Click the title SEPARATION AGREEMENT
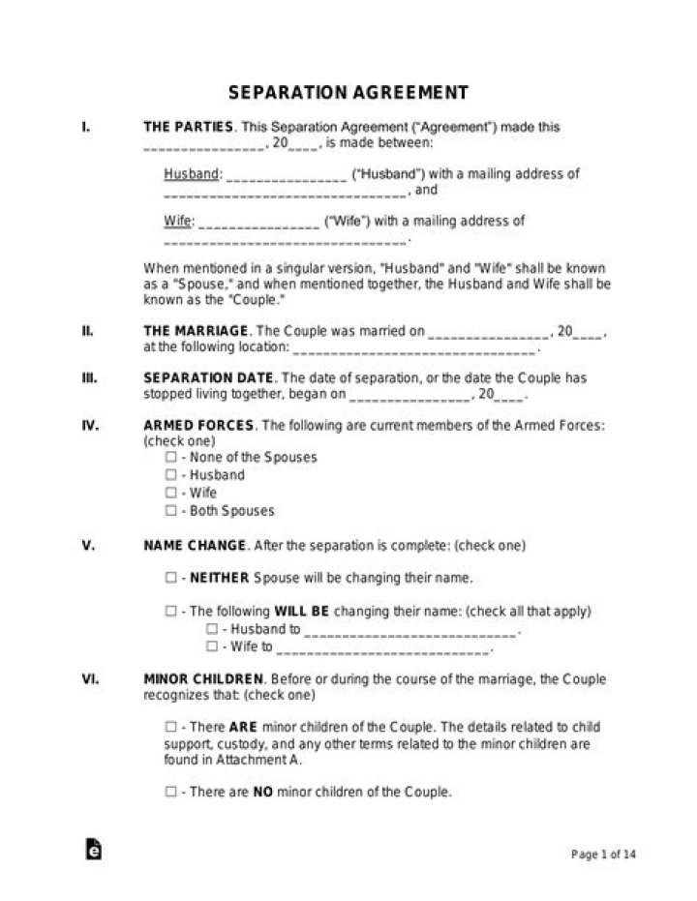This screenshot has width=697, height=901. coord(348,93)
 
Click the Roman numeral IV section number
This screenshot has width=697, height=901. coord(89,425)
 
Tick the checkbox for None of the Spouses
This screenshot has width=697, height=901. coord(170,457)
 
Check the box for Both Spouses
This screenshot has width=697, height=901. coord(170,510)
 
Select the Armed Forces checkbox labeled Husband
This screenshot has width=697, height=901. coord(170,475)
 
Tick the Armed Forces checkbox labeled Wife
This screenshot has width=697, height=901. coord(170,493)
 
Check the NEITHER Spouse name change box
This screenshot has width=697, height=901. coord(170,578)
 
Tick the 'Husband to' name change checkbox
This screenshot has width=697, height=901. coord(211,629)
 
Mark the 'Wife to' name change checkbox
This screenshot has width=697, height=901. coord(211,646)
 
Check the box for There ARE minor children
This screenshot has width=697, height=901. coord(170,726)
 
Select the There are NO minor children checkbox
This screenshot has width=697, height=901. coord(170,792)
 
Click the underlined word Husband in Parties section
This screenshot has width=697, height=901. coord(192,174)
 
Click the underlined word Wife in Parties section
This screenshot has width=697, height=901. coord(177,221)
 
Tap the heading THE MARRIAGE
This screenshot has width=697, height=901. coord(197,331)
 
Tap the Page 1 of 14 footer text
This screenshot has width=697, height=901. coord(604,854)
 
